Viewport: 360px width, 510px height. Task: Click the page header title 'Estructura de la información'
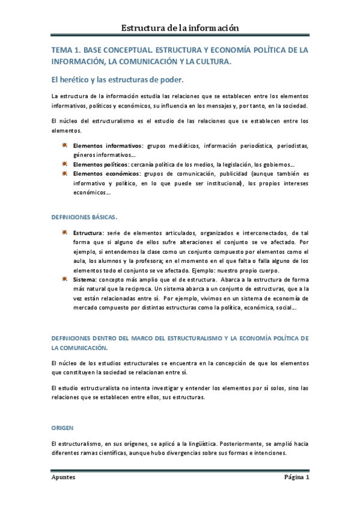click(180, 28)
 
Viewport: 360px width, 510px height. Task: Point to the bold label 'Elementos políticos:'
click(102, 164)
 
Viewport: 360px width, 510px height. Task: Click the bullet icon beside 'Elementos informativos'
click(64, 145)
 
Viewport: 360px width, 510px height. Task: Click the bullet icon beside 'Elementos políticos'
click(64, 164)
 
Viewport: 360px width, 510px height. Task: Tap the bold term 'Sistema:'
click(85, 280)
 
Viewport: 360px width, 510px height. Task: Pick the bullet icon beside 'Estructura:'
click(64, 233)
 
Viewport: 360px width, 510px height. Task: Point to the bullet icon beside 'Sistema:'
click(64, 279)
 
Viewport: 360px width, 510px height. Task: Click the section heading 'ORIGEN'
click(62, 428)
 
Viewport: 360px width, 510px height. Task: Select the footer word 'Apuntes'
click(63, 478)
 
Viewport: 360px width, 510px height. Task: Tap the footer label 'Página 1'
click(296, 478)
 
